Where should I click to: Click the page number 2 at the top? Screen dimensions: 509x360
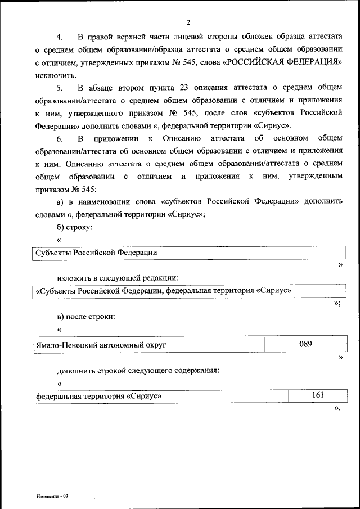tap(188, 23)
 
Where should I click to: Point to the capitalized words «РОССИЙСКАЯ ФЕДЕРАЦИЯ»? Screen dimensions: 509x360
tap(282, 63)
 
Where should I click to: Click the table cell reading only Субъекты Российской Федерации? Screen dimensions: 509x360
tap(96, 253)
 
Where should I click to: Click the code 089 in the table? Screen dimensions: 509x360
tap(305, 343)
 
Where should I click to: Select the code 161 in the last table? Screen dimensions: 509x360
tap(318, 395)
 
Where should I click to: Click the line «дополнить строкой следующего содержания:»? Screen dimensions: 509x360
tap(138, 370)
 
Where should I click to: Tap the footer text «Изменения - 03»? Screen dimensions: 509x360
tap(52, 496)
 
